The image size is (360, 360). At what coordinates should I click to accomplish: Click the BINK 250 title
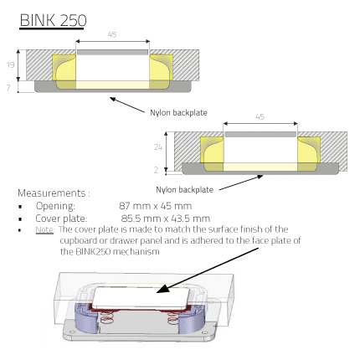[53, 20]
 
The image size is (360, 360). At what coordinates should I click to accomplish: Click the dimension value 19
[11, 65]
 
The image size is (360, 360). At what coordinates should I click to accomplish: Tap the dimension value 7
[8, 88]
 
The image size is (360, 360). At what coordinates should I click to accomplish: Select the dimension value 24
[158, 147]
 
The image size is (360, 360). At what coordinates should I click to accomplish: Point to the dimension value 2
[157, 170]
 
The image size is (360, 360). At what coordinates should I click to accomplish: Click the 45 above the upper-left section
[112, 34]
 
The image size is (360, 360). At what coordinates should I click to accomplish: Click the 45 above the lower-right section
[260, 116]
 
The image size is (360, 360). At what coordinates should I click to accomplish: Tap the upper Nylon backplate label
[178, 113]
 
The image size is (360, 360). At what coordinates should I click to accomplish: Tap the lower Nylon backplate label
[184, 190]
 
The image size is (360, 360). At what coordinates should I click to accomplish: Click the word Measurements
[52, 193]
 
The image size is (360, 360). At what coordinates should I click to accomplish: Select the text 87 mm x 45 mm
[155, 206]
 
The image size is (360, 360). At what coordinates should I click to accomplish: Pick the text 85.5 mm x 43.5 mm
[166, 219]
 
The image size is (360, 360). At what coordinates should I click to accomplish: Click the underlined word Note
[44, 229]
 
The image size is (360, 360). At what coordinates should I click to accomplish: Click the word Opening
[55, 206]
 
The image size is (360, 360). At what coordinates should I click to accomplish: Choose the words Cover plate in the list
[61, 219]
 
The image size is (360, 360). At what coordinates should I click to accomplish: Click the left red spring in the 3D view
[106, 318]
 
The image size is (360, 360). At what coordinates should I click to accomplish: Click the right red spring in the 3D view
[173, 318]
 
